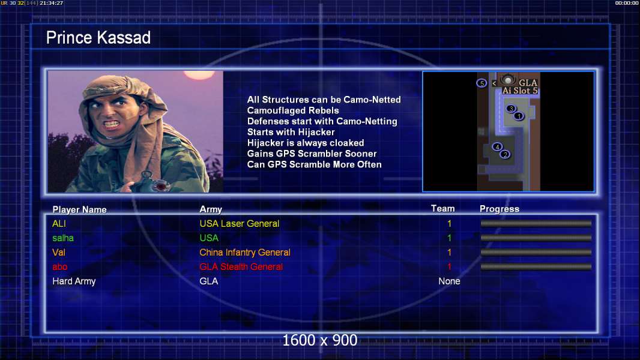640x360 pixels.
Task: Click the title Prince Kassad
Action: (98, 38)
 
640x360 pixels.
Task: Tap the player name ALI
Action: (59, 224)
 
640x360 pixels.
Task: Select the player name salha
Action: (63, 238)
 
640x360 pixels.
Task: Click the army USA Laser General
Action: (239, 224)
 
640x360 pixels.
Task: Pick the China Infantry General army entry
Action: (245, 253)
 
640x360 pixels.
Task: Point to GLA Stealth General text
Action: (241, 267)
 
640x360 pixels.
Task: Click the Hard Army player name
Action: (74, 282)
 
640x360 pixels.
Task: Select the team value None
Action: (449, 281)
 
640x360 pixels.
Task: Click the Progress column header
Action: (499, 209)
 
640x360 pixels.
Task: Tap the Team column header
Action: (443, 209)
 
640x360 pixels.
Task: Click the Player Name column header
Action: (80, 210)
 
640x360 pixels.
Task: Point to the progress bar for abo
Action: (536, 267)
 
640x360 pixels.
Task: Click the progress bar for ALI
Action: (536, 223)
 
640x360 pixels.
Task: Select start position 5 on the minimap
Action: (482, 83)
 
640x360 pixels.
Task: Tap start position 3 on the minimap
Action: (510, 109)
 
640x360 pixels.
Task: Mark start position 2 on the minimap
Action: (506, 155)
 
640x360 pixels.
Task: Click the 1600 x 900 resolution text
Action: (320, 340)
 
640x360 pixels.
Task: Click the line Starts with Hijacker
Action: (291, 132)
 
